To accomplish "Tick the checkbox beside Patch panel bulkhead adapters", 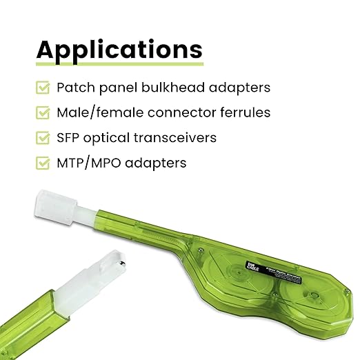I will tap(43, 88).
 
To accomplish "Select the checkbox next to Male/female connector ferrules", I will tap(43, 112).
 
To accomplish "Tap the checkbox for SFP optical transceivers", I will tap(43, 138).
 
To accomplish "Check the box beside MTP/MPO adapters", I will tap(43, 163).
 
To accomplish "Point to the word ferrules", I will tap(245, 112).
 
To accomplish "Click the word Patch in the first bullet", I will tap(74, 88).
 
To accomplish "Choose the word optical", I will tap(111, 138).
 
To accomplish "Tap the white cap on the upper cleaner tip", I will tap(53, 206).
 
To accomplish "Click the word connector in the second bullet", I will tap(178, 112).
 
